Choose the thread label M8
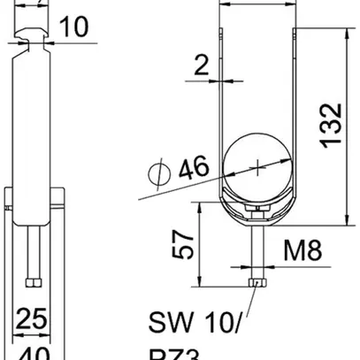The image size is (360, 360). point(303,256)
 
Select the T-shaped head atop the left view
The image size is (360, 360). point(33,36)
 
